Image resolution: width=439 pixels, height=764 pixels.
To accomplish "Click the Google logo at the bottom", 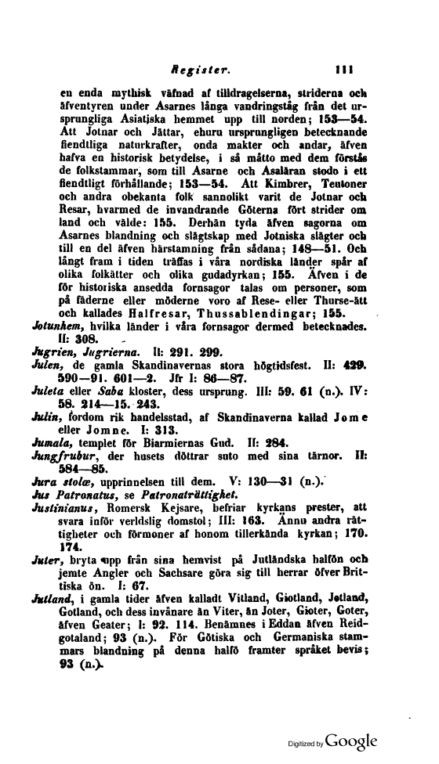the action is [x=353, y=740].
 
